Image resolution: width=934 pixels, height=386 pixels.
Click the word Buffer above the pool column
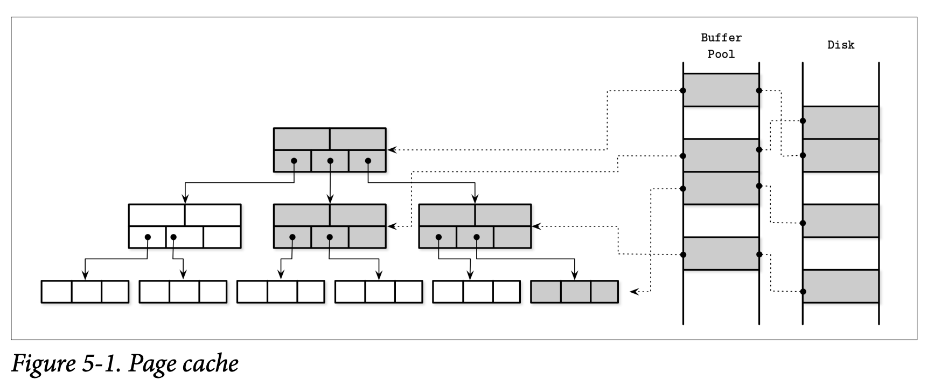pyautogui.click(x=721, y=38)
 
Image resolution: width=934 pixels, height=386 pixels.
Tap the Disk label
pyautogui.click(x=841, y=45)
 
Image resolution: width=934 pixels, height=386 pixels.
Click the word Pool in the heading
pyautogui.click(x=721, y=54)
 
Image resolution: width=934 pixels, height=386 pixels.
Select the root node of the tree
pyautogui.click(x=330, y=149)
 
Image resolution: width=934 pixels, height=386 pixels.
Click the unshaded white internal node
pyautogui.click(x=185, y=225)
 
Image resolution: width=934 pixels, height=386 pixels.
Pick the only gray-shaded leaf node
pyautogui.click(x=574, y=292)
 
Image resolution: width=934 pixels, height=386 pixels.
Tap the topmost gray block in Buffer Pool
pyautogui.click(x=721, y=90)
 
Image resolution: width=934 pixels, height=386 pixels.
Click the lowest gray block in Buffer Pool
pyautogui.click(x=721, y=253)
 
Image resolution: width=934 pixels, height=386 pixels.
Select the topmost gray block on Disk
pyautogui.click(x=841, y=122)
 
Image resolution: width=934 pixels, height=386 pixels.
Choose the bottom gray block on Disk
pyautogui.click(x=841, y=286)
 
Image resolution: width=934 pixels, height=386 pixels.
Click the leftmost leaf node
pyautogui.click(x=85, y=292)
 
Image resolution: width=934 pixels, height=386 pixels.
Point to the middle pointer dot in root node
pyautogui.click(x=330, y=161)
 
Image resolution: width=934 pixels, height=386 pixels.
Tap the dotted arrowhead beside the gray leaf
pyautogui.click(x=634, y=292)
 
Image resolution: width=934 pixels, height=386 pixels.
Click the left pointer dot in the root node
pyautogui.click(x=294, y=161)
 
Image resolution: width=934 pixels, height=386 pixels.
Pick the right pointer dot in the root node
pyautogui.click(x=368, y=161)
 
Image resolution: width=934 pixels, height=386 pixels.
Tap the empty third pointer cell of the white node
pyautogui.click(x=222, y=237)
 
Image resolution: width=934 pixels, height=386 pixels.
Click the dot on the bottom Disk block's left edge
pyautogui.click(x=803, y=292)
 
